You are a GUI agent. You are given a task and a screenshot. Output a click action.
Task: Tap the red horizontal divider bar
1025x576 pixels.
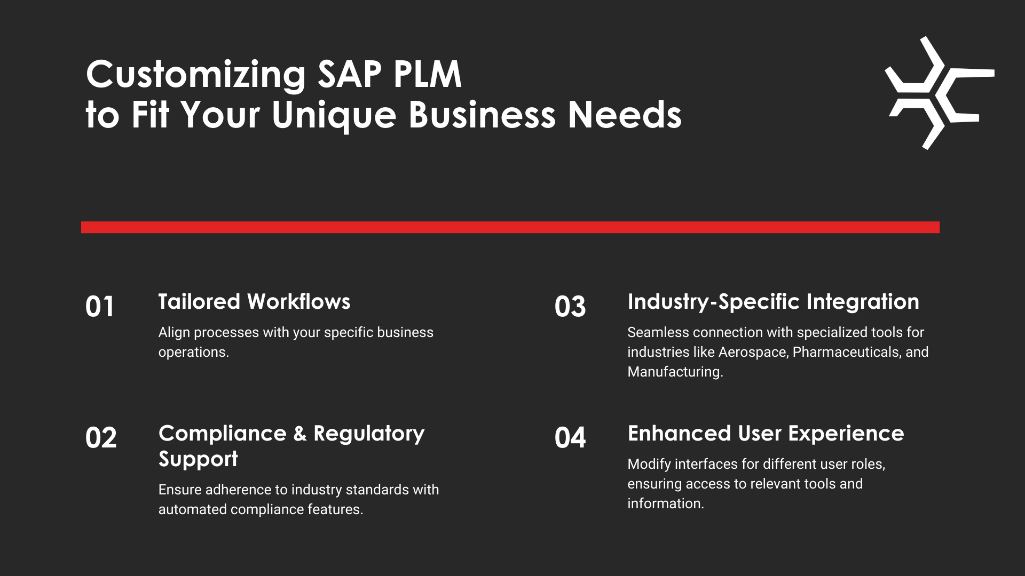pyautogui.click(x=510, y=227)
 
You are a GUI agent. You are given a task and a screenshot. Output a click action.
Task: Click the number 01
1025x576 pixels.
pyautogui.click(x=100, y=307)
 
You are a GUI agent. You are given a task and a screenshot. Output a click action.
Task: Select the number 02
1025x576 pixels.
pyautogui.click(x=101, y=438)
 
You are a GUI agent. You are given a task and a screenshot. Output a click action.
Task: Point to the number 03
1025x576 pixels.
pyautogui.click(x=570, y=307)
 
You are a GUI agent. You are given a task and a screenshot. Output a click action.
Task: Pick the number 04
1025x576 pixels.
pyautogui.click(x=570, y=438)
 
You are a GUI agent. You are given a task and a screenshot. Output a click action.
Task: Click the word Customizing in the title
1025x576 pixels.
pyautogui.click(x=196, y=75)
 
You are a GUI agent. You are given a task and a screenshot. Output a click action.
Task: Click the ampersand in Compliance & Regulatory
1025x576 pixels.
pyautogui.click(x=300, y=434)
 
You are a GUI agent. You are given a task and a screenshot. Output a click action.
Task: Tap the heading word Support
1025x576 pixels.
pyautogui.click(x=198, y=460)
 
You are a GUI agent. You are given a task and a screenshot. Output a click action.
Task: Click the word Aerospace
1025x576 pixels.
pyautogui.click(x=753, y=353)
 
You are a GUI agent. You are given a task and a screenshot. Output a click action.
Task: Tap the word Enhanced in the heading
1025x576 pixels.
pyautogui.click(x=679, y=434)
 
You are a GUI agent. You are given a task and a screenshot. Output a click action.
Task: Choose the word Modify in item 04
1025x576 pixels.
pyautogui.click(x=649, y=465)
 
